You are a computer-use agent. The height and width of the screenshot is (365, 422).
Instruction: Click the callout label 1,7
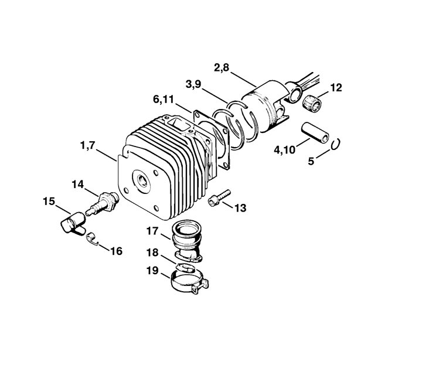(88, 146)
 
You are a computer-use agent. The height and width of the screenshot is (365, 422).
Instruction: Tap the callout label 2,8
(222, 68)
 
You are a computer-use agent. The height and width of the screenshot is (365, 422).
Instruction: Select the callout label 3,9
(193, 84)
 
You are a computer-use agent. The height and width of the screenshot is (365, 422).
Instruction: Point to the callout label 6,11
(164, 100)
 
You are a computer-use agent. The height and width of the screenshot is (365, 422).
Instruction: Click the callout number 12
(336, 88)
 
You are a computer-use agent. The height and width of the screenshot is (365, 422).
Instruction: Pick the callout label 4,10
(284, 150)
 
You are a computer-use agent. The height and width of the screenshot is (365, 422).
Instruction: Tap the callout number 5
(311, 161)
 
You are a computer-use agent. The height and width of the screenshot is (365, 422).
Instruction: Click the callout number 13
(240, 208)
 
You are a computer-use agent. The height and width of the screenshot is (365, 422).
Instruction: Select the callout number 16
(117, 251)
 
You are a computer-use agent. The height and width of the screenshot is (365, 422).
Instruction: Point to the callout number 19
(152, 271)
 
